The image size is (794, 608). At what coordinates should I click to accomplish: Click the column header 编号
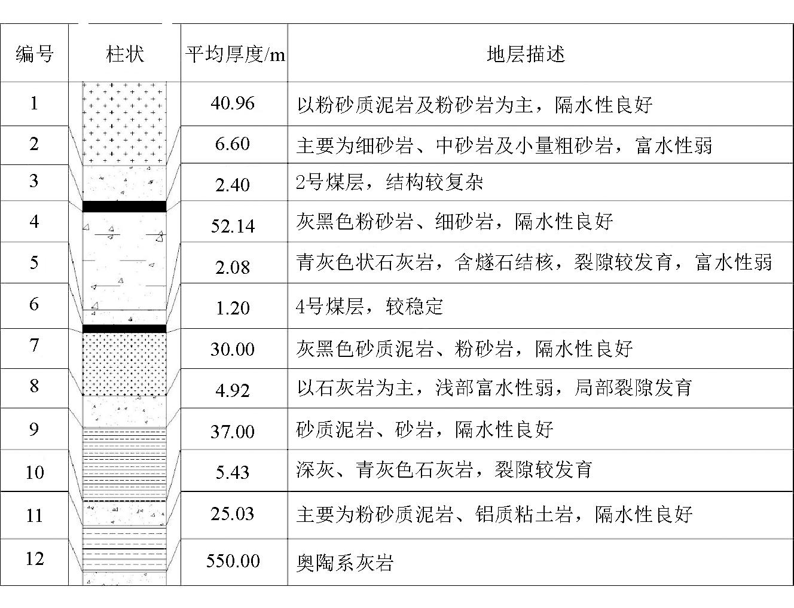(34, 54)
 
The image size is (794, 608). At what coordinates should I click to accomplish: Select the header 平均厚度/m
(235, 54)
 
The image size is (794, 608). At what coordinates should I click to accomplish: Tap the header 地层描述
(526, 54)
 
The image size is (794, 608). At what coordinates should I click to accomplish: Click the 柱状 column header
(125, 54)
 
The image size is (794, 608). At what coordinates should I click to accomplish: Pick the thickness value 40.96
(233, 103)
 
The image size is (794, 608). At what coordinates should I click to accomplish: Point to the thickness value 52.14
(233, 226)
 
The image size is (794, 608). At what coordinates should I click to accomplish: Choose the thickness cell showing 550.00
(233, 561)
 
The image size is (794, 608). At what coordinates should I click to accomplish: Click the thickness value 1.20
(233, 308)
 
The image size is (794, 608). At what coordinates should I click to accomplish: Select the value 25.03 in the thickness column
(233, 514)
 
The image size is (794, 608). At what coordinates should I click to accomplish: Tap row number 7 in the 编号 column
(34, 345)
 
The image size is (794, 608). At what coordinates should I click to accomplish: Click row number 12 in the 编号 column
(35, 558)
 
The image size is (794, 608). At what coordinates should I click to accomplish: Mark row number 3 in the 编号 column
(34, 181)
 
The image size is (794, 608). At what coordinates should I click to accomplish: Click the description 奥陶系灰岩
(344, 563)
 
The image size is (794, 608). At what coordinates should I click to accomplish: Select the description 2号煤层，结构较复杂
(389, 182)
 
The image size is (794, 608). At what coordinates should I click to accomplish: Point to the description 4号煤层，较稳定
(369, 307)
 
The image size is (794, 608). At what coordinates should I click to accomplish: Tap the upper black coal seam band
(124, 206)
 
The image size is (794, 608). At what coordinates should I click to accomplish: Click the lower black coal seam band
(124, 329)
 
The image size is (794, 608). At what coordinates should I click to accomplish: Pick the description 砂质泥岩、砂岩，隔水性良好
(425, 430)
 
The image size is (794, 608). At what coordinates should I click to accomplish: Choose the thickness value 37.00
(233, 432)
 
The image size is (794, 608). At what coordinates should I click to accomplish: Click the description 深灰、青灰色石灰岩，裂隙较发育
(444, 470)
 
